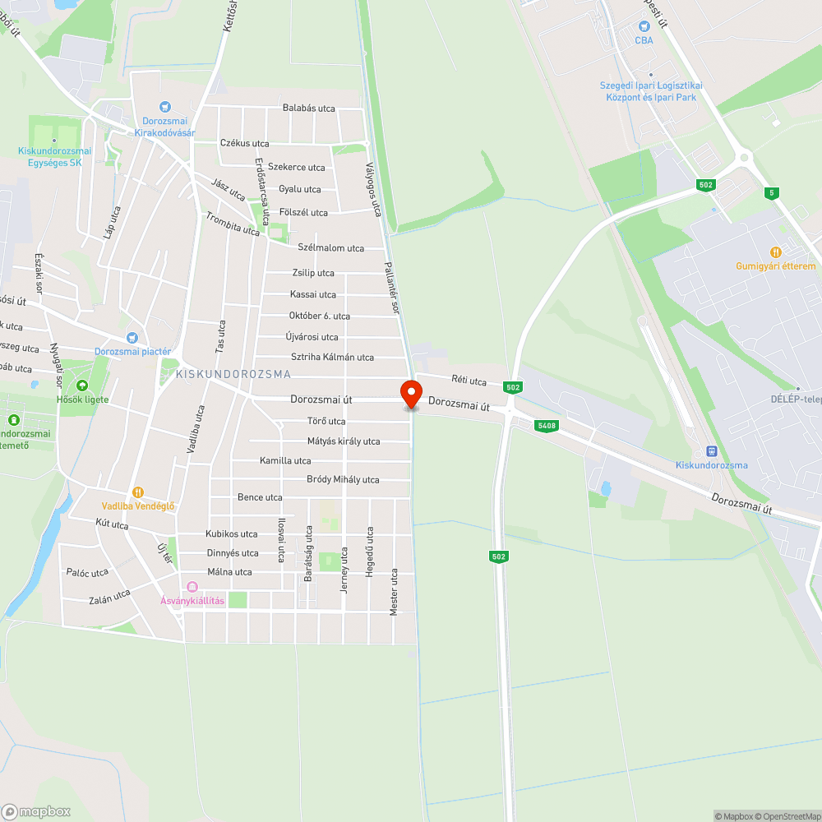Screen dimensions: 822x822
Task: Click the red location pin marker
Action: pos(411,393)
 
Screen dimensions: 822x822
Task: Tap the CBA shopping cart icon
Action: pos(644,26)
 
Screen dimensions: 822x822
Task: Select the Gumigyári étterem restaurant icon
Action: pos(774,252)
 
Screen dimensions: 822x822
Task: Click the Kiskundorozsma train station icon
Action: pos(711,450)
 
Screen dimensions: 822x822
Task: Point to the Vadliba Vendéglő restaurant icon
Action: pos(138,492)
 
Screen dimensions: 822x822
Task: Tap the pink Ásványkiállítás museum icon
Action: pos(192,586)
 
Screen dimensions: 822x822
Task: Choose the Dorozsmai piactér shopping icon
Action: pos(132,337)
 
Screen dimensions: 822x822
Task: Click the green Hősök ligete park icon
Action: pos(81,386)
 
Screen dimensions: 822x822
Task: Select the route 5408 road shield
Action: pos(544,425)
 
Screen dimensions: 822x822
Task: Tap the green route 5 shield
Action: pos(770,192)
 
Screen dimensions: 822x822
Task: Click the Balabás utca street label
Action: pos(309,108)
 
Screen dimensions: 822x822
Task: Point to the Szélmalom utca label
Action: pos(330,247)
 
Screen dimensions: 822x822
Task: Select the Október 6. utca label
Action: pos(320,316)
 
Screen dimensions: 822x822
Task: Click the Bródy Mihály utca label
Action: pos(343,479)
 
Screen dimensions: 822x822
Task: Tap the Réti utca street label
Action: pos(469,381)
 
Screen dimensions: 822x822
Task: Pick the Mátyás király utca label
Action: pos(344,441)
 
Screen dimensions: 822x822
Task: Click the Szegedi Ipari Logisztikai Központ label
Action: pos(650,91)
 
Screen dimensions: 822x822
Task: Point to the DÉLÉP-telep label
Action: pos(797,399)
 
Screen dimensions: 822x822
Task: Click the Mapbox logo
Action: pos(36,811)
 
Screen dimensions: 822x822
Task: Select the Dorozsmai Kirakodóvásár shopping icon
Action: pos(165,106)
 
